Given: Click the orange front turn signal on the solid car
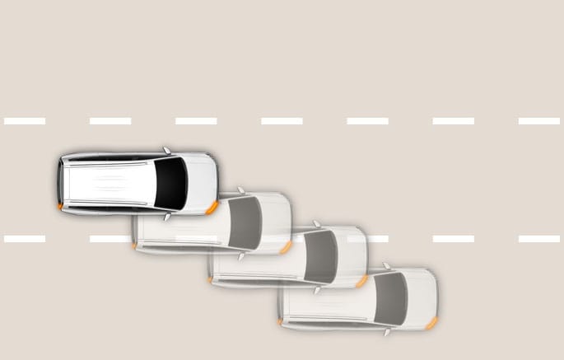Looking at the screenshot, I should tap(212, 207).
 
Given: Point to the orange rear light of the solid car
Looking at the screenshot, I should tap(60, 205).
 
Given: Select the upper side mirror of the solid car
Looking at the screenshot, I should tap(166, 151).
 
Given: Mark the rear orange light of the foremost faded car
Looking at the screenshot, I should tap(280, 321).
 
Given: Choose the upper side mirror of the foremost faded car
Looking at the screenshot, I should tap(386, 266).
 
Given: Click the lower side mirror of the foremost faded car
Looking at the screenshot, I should tap(386, 332).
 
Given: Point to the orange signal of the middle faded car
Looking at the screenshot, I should tap(361, 282).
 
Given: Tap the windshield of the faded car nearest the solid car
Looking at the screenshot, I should tap(245, 222).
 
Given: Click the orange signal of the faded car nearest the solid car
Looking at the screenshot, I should tap(285, 247).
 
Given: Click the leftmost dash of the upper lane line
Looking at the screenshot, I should tap(25, 121).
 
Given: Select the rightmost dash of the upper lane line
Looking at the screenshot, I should tap(539, 121).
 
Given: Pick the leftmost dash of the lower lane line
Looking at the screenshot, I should tap(25, 239).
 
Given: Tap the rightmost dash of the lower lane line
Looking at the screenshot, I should tap(539, 239).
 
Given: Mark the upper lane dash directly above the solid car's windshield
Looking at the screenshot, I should tap(196, 121).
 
